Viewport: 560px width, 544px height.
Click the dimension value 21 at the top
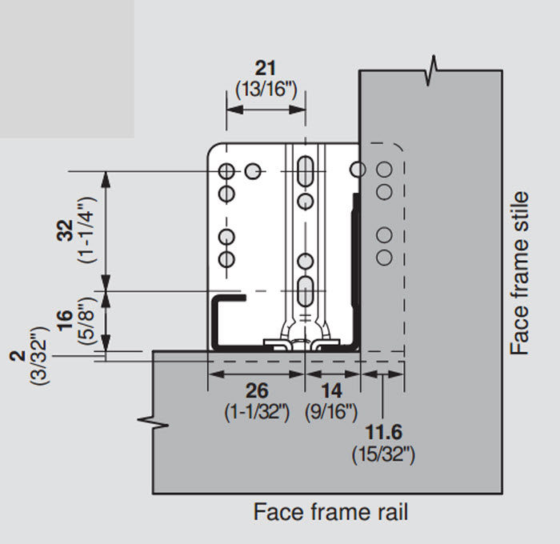tap(265, 68)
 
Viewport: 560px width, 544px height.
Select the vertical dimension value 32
tap(68, 230)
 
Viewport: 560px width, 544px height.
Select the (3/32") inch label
tap(38, 357)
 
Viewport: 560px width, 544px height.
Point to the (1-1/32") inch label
tap(256, 413)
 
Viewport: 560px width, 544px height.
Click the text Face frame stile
tap(520, 272)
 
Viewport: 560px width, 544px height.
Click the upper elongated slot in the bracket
tap(305, 170)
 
